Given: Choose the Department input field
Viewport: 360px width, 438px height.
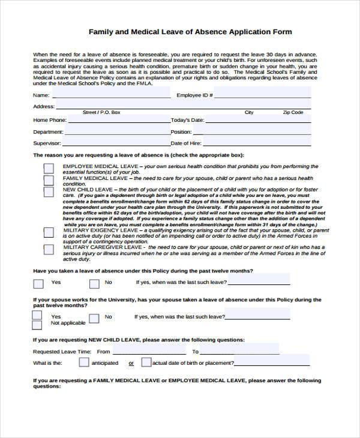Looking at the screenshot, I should click(x=116, y=132).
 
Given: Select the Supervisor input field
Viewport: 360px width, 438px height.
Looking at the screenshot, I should click(x=116, y=143).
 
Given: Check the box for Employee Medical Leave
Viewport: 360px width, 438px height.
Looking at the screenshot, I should click(x=48, y=169).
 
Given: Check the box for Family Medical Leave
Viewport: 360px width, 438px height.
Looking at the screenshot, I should click(x=48, y=180).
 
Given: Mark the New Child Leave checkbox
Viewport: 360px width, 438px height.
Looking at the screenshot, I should click(x=48, y=191).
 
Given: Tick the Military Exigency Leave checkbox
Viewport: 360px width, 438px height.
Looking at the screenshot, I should click(x=48, y=232).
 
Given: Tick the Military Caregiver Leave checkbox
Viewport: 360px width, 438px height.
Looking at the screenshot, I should click(x=48, y=249).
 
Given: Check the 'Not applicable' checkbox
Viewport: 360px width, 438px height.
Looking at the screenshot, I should click(x=37, y=325).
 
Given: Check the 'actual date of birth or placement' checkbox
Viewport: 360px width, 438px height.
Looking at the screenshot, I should click(x=146, y=362).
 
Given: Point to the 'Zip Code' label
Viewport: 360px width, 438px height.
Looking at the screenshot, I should click(x=293, y=113).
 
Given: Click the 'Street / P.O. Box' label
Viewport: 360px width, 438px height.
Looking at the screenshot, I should click(x=101, y=113).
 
